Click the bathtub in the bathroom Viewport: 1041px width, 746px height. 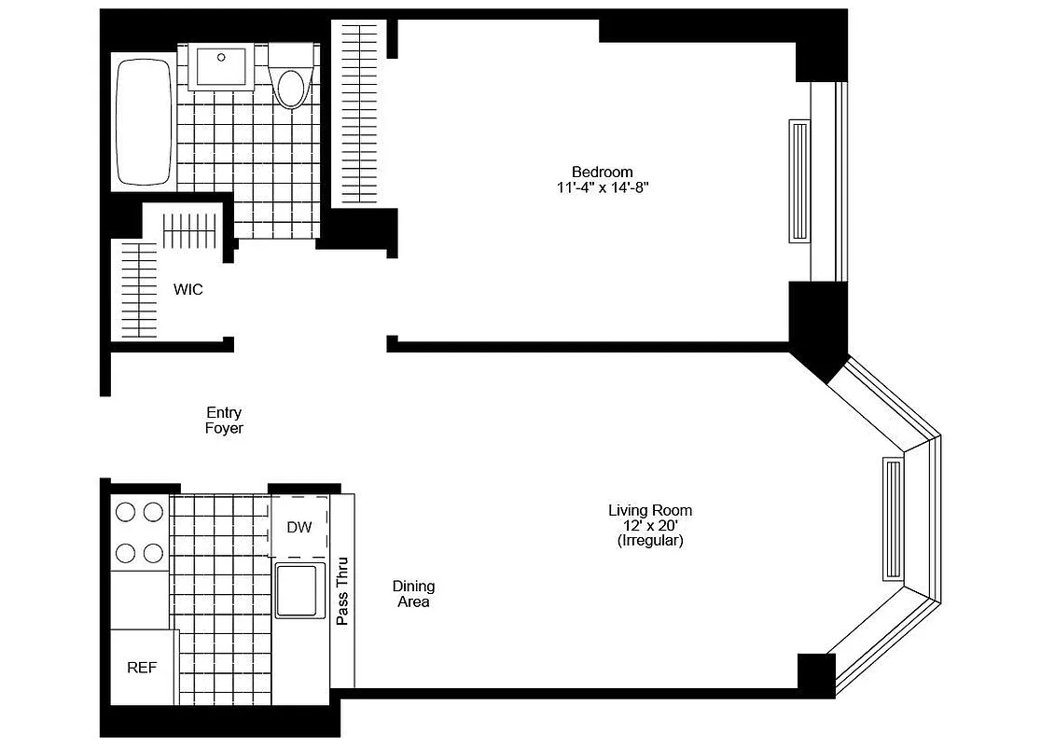(x=143, y=122)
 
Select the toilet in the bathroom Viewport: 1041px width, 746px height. (x=292, y=84)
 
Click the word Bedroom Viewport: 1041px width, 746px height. (x=602, y=172)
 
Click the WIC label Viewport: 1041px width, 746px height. (x=187, y=290)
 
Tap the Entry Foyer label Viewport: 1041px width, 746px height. (x=224, y=421)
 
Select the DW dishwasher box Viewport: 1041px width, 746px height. (x=298, y=528)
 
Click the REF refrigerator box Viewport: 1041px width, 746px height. (x=142, y=668)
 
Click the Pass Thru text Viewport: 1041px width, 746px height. (x=342, y=591)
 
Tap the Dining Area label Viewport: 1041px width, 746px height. (x=413, y=594)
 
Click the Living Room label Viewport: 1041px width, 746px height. (x=650, y=511)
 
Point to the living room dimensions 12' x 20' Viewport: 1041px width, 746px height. (x=650, y=526)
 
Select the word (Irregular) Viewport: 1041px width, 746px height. (x=650, y=541)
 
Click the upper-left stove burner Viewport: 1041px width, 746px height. (x=125, y=511)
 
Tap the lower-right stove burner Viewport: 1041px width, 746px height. (x=153, y=553)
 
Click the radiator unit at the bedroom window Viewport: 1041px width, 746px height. (x=799, y=181)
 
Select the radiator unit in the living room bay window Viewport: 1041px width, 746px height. (x=893, y=520)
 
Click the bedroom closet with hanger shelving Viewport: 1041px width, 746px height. (x=358, y=112)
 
